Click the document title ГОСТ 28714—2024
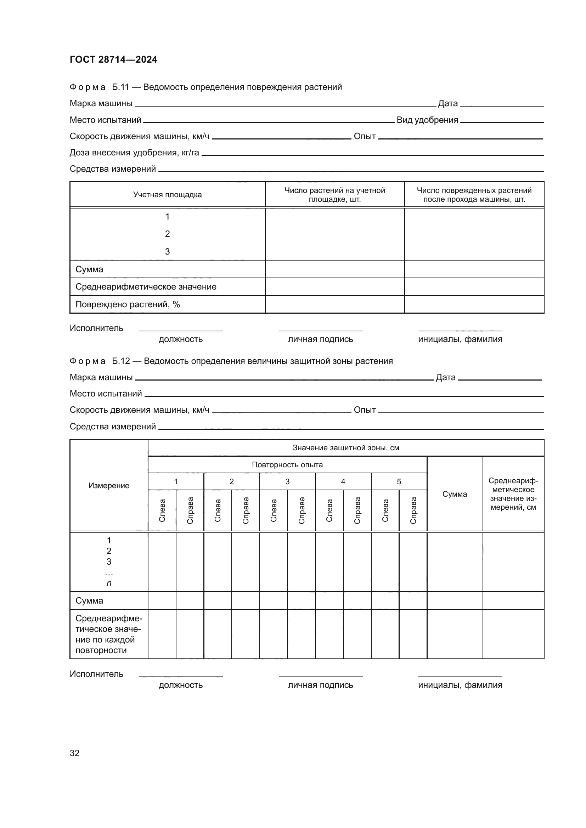pos(113,59)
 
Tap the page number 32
pos(74,753)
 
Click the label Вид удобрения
pos(427,120)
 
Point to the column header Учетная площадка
pos(168,195)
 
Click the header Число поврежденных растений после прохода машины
pos(474,195)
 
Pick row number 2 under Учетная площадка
pos(168,234)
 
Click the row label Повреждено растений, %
pos(128,304)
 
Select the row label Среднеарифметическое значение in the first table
pos(146,287)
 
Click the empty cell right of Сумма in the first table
pos(334,269)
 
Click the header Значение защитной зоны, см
pos(346,448)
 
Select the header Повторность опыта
pos(287,465)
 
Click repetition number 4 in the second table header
pos(343,482)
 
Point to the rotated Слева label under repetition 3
pos(274,510)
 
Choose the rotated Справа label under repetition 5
pos(413,510)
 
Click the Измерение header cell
pos(109,486)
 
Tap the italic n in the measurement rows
pos(109,583)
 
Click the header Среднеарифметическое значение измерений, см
pos(513,494)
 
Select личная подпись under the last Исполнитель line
pos(320,685)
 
